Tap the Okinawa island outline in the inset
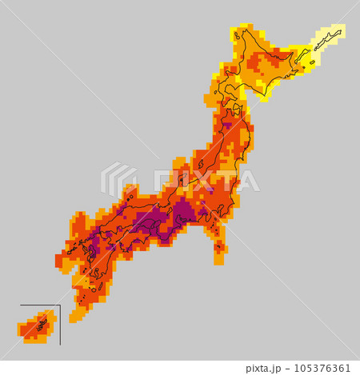click(40, 325)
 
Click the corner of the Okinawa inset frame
click(60, 306)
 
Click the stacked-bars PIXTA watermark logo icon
click(118, 180)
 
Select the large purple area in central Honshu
click(184, 212)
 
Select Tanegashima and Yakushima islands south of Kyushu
click(83, 299)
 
